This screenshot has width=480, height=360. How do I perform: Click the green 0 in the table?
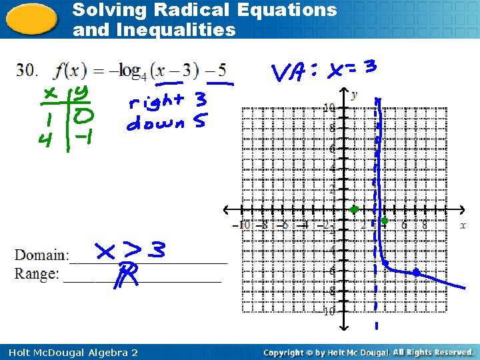(x=84, y=117)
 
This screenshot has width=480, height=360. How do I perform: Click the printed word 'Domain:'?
(x=41, y=255)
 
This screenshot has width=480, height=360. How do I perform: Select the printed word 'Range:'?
(x=37, y=274)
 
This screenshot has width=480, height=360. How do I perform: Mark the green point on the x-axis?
(x=355, y=209)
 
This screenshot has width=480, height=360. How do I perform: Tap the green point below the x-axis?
(x=385, y=220)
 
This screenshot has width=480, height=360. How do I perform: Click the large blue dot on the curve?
(x=416, y=272)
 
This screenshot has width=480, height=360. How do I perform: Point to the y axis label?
(x=354, y=94)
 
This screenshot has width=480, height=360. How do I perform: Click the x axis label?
(x=463, y=225)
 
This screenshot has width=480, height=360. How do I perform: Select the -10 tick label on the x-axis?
(x=245, y=225)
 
